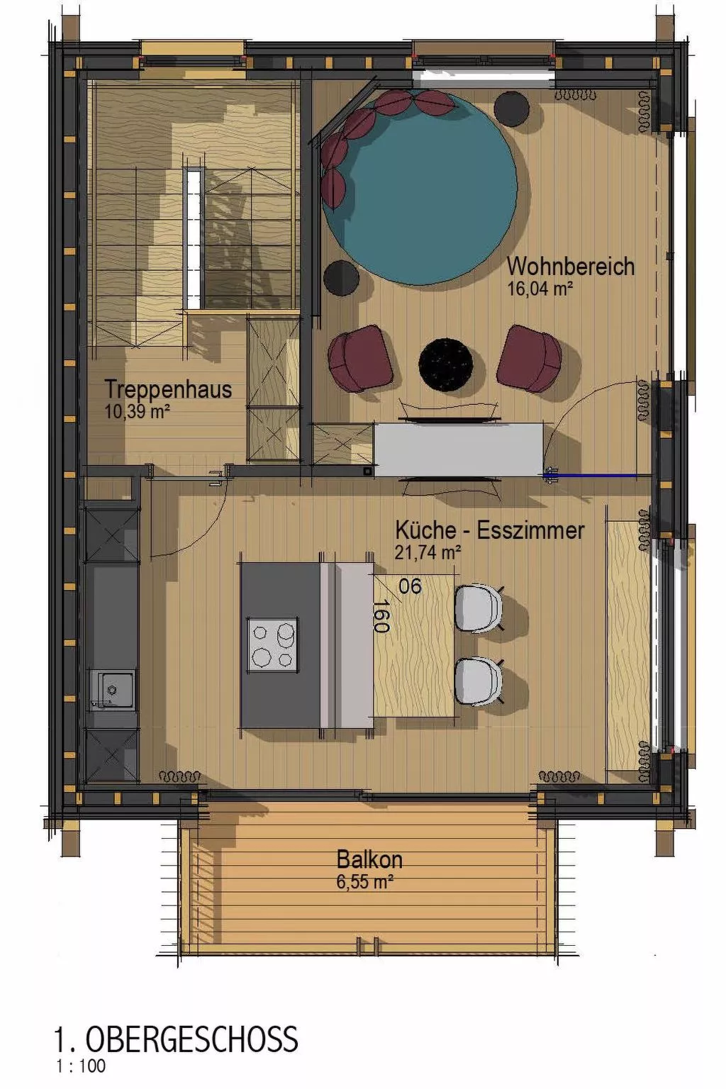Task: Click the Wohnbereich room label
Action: (570, 267)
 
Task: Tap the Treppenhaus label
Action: (168, 389)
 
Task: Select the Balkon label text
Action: (369, 859)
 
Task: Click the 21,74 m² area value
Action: (428, 552)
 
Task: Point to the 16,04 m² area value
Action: (540, 289)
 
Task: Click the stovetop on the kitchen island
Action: (272, 644)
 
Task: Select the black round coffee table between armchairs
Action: (445, 364)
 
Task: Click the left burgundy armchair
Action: (360, 358)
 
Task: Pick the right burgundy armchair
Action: (529, 359)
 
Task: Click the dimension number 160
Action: (381, 615)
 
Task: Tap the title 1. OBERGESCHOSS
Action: (176, 1040)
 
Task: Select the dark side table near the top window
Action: (511, 108)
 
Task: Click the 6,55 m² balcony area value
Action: (364, 882)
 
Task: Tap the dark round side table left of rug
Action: (341, 277)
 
